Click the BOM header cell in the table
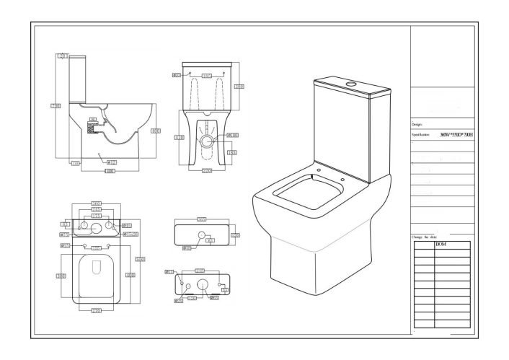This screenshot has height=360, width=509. tap(442, 245)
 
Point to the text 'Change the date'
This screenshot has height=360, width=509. tap(425, 237)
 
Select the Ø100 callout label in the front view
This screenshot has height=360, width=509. tap(234, 134)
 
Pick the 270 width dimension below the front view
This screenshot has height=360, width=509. tap(208, 171)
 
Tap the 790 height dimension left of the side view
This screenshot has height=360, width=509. tap(55, 106)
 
